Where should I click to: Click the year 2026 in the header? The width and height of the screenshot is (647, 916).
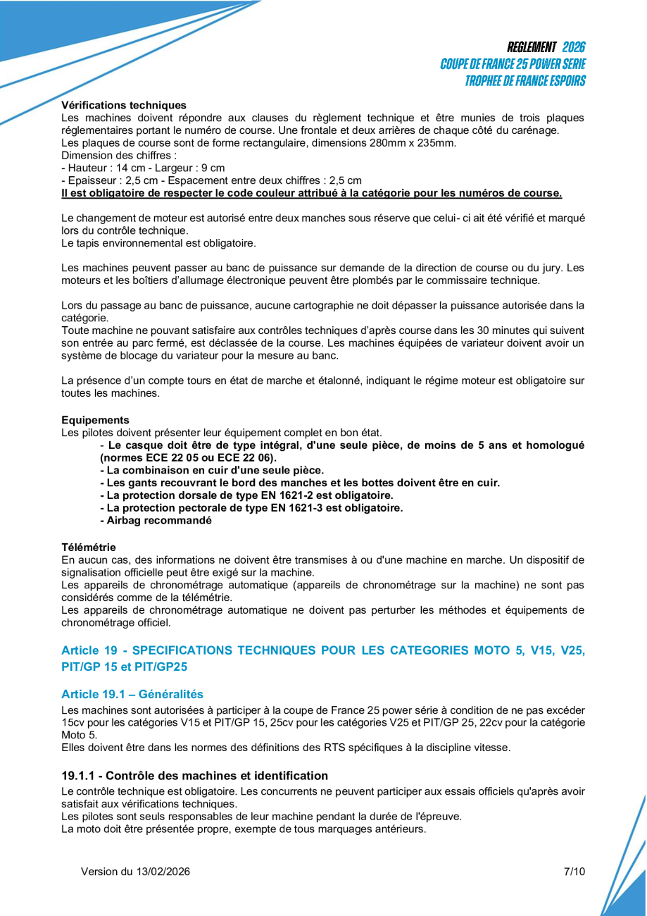point(573,47)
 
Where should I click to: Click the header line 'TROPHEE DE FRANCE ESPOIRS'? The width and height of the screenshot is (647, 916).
point(524,80)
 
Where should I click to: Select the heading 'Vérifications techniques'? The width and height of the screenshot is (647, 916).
point(124,105)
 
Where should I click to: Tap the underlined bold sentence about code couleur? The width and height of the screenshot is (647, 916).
point(311,192)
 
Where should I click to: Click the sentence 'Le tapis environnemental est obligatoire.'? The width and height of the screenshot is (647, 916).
point(158,243)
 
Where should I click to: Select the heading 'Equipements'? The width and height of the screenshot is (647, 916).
point(95,419)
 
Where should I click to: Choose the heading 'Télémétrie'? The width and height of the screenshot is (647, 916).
point(89,547)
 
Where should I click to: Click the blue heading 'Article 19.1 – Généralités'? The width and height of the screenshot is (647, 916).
point(132,694)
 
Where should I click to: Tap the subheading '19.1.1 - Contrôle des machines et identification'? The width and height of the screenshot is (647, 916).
point(194,776)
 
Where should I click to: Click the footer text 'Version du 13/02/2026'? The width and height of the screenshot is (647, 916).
point(135,872)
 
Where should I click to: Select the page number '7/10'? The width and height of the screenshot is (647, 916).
point(574,872)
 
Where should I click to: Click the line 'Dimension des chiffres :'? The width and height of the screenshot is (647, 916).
point(119,155)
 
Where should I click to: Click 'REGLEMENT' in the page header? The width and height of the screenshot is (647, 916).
point(532,47)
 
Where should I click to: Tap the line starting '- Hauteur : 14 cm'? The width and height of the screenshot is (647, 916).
point(143,168)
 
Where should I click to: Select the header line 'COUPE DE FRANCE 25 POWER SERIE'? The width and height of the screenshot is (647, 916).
point(513,64)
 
